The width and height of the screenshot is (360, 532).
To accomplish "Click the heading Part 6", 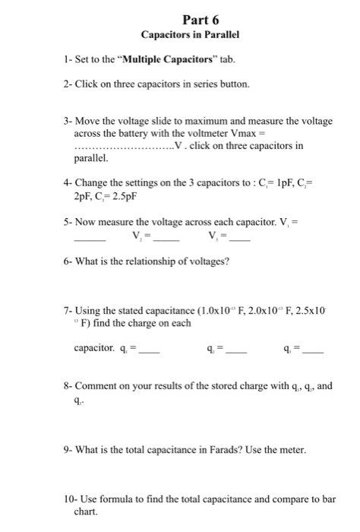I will [179, 21].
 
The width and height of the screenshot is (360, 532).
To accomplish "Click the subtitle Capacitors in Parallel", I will [179, 36].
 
